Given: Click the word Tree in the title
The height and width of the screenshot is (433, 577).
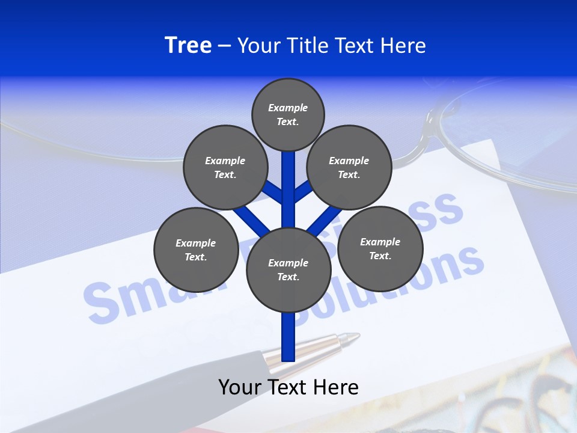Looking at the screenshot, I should pos(188,45).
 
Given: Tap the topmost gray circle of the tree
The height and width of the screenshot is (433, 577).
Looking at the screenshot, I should pos(288,114).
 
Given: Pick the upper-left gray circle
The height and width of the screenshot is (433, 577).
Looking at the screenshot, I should pos(225,167).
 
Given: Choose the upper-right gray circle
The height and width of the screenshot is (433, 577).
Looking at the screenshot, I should pos(349,167).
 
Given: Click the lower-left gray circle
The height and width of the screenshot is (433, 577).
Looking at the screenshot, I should pos(196,250).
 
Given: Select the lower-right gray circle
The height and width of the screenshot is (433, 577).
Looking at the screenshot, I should pos(380,248).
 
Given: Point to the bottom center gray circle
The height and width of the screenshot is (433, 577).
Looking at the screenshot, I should pos(288,269).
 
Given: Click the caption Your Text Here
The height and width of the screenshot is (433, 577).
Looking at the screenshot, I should pos(288,387).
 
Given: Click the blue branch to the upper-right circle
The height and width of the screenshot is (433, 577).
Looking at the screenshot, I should pos(302,191).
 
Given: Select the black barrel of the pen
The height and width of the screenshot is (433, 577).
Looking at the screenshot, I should pos(180,385).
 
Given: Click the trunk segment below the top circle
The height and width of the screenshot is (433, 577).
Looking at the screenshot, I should pos(288,180).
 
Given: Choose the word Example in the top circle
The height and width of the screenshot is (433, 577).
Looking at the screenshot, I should pos(288,108).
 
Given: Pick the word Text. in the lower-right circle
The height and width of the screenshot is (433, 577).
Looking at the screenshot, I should pos(380,256).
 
